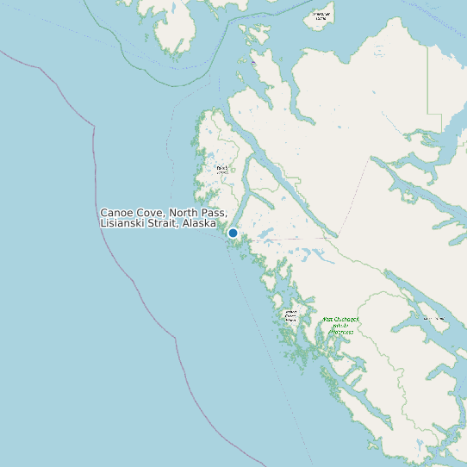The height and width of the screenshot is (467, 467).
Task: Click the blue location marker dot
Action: pyautogui.click(x=233, y=233)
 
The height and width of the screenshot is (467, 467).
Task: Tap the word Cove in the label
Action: pyautogui.click(x=151, y=213)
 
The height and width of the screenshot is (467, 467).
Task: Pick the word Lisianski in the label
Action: pyautogui.click(x=124, y=224)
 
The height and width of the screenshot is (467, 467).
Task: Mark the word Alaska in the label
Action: pyautogui.click(x=199, y=224)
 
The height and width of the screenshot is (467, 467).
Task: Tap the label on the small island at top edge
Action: pyautogui.click(x=321, y=16)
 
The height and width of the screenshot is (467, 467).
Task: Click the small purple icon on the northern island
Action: pyautogui.click(x=252, y=62)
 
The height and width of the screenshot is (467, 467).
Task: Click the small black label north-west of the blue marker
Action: pyautogui.click(x=222, y=169)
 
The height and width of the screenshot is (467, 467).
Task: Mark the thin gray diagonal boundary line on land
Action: pyautogui.click(x=353, y=198)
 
